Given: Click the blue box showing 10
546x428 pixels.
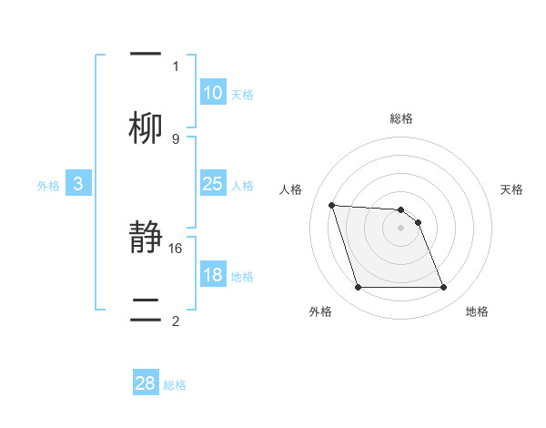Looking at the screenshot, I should point(213,93).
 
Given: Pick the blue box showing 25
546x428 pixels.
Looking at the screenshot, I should point(213,184).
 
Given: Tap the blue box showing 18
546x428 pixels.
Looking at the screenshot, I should point(213,275).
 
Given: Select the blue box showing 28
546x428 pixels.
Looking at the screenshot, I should point(146,383).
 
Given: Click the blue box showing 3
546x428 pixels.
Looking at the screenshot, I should point(78,184).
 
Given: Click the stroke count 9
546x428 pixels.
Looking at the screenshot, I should point(176,138).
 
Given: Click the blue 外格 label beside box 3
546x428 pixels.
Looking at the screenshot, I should point(48,186).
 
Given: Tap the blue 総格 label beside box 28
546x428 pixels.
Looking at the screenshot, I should point(175,385).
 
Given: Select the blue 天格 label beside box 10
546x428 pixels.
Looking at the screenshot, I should point(242,95).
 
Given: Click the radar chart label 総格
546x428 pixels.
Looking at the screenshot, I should point(401,118).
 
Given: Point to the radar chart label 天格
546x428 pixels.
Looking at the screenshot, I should point(512,189).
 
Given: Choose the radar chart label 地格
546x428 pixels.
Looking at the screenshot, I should point(477,311).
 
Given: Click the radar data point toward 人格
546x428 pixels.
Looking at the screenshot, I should point(332,205).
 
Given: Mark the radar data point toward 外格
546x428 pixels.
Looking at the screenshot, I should point(358,288).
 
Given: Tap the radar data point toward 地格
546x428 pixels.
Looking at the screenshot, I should point(443,288).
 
